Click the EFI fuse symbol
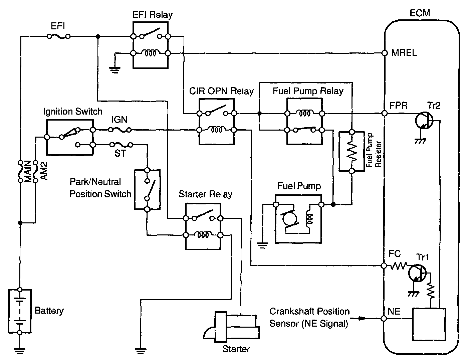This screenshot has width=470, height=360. pos(59,36)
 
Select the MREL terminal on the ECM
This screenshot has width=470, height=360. pos(384,53)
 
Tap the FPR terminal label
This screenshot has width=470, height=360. pos(399,106)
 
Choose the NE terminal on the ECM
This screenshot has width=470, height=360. pos(384,319)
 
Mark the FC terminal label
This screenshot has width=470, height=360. pos(395,254)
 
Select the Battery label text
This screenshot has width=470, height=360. pos(49,311)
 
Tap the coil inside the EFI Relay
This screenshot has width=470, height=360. pos(150,53)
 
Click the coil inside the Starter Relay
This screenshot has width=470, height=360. pos(203,235)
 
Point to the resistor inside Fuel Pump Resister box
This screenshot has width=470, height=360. pos(351,151)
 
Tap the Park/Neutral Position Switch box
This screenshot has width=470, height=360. pos(147,189)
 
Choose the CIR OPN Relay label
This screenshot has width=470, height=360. pos(221,91)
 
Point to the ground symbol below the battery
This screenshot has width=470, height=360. pos(20,350)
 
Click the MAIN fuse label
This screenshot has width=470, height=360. pos(28,171)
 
